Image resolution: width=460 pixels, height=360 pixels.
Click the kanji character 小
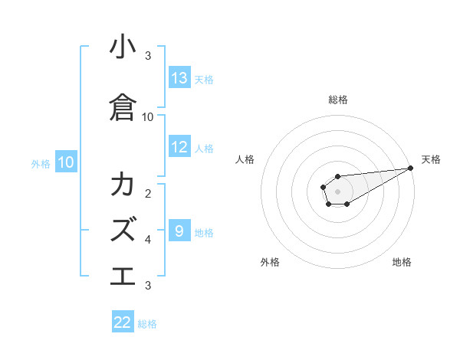(123, 48)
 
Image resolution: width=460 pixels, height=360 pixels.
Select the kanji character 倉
(123, 107)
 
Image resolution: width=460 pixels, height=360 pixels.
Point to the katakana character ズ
(123, 227)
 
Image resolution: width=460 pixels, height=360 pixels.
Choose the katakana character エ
(123, 274)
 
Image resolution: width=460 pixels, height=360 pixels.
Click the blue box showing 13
(179, 78)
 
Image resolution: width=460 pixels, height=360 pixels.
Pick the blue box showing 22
(123, 322)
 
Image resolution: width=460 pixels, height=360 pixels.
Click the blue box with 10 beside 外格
(66, 162)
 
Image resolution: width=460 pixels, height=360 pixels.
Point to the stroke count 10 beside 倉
(148, 116)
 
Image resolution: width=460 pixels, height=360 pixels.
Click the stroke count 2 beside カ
(148, 193)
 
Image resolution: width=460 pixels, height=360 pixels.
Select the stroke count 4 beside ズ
(148, 240)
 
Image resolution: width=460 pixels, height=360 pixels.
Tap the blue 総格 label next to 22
(147, 324)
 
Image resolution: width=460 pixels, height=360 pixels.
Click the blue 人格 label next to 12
(204, 148)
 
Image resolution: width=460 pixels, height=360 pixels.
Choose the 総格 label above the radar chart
(337, 100)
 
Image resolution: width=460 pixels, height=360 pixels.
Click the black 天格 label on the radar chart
(431, 159)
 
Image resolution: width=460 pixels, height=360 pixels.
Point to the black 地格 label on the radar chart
(402, 262)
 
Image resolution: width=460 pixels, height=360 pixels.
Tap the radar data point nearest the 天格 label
(411, 168)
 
